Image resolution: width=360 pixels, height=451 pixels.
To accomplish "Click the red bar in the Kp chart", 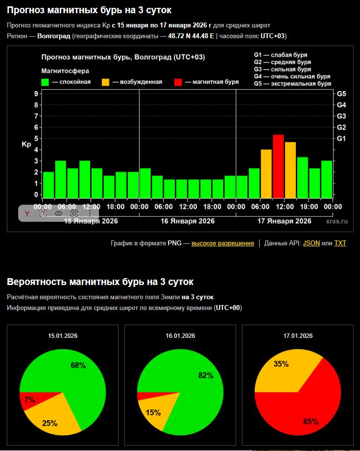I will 278,166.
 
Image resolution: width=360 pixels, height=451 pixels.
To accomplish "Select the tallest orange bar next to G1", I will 290,169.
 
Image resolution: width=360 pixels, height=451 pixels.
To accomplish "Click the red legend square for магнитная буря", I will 178,82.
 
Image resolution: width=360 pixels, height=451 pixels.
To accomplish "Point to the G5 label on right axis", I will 341,94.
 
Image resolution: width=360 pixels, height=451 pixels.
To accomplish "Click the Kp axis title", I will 26,144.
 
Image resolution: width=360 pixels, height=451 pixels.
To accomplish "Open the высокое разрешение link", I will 223,243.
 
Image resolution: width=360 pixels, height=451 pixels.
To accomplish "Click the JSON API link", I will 312,243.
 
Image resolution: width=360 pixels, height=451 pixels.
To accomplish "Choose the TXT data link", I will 340,243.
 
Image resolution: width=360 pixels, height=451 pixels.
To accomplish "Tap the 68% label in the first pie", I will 78,365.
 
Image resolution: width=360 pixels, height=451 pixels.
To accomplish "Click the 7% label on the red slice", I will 29,400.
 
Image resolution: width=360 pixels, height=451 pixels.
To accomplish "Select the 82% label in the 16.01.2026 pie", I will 206,376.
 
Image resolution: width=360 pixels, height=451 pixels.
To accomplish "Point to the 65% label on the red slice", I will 311,422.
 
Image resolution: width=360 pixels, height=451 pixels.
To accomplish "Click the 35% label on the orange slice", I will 281,364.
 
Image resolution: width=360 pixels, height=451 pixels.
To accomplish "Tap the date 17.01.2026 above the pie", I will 298,336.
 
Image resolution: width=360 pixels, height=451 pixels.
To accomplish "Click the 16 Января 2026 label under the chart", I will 188,221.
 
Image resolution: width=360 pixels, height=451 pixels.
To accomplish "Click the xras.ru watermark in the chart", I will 336,221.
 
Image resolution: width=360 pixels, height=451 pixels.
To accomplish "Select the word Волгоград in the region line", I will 53,36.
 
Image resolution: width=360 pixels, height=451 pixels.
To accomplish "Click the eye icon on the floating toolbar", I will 58,213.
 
